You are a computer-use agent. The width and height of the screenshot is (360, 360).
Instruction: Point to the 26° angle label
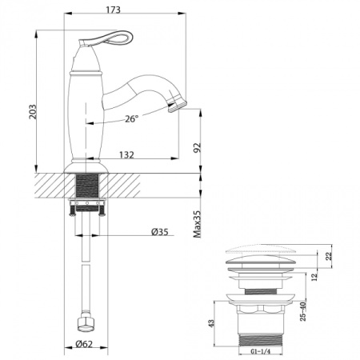pos(132,118)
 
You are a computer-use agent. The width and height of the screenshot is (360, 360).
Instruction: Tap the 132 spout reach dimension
pos(126,154)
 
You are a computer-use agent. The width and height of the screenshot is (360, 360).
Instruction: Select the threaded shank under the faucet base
pos(87,193)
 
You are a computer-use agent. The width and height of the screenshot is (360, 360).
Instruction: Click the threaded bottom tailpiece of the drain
pos(263,337)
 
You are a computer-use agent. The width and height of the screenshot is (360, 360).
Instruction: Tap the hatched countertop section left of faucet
pos(50,186)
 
